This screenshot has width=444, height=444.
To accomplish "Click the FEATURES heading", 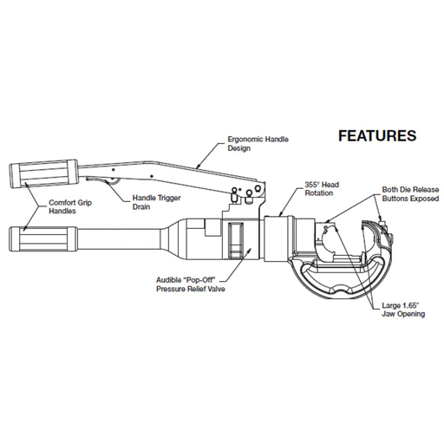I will [376, 136].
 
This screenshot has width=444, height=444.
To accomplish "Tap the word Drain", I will [142, 207].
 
